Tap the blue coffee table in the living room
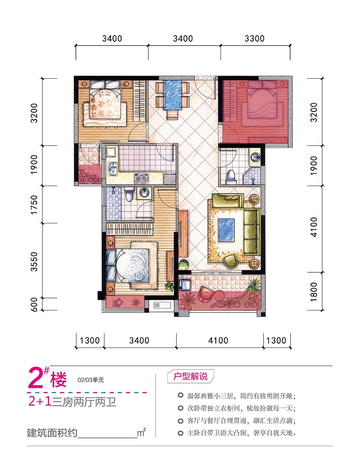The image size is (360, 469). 226,230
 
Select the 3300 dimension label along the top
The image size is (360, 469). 254,38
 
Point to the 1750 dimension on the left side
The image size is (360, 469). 34,204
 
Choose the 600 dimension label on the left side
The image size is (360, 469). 34,304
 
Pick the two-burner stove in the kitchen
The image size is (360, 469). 141,178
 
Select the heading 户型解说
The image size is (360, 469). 190,377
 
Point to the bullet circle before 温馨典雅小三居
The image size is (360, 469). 180,396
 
